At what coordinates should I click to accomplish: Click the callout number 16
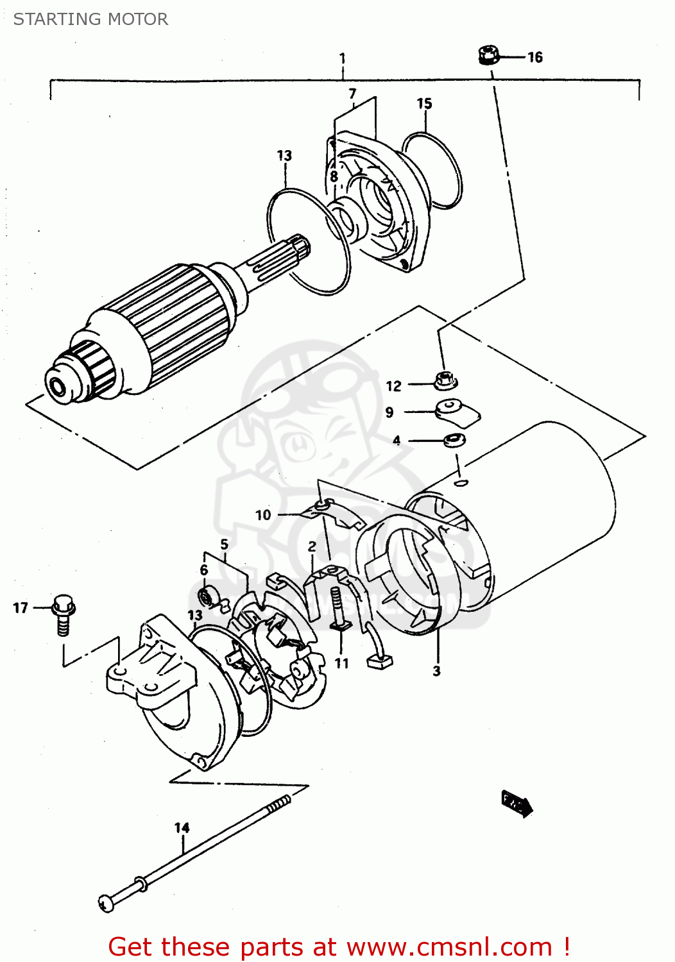point(535,57)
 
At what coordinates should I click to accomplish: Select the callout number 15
point(424,104)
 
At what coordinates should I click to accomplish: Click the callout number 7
point(352,94)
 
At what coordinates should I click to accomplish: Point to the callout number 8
point(334,176)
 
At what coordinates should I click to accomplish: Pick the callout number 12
point(393,385)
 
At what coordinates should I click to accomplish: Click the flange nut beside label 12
point(445,380)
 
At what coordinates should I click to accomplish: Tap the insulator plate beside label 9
point(457,412)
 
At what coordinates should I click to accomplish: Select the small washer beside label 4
point(455,441)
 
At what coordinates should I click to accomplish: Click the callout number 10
point(263,515)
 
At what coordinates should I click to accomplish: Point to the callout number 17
point(21,607)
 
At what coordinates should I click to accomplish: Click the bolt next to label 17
point(63,612)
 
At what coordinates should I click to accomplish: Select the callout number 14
point(182,828)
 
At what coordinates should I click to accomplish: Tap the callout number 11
point(341,663)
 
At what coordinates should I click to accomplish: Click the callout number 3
point(436,671)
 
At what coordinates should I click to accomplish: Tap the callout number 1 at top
point(343,58)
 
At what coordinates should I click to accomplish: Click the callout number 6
point(204,570)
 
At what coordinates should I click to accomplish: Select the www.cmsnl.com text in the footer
point(449,947)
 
